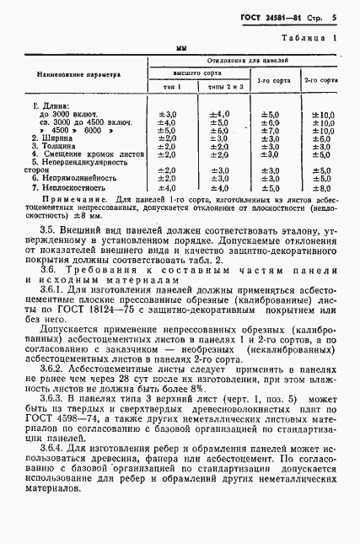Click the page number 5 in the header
[x=334, y=15]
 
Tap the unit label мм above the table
[x=180, y=50]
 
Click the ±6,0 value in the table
[x=218, y=131]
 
